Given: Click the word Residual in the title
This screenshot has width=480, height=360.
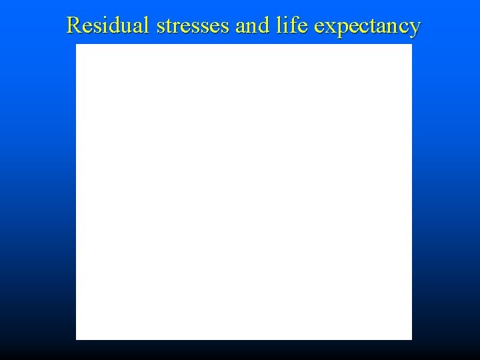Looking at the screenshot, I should pos(110,25).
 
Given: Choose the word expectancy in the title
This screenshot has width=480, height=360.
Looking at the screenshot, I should pos(367,27).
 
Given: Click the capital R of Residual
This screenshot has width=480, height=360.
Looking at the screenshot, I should pos(74,25).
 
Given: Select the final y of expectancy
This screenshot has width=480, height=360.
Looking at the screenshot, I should pos(415,29).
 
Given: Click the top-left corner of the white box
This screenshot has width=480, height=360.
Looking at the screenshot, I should pos(76,45).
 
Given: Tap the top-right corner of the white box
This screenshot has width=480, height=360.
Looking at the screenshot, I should pos(411,45).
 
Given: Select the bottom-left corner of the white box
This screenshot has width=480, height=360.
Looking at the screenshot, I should pos(76,339).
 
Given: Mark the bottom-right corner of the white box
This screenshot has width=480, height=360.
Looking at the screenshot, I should pos(411,339).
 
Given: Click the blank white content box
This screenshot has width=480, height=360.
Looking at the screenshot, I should pos(244,192).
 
